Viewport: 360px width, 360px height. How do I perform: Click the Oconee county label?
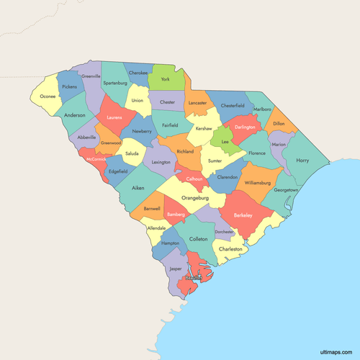click(48, 96)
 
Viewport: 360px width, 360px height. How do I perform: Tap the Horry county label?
click(302, 161)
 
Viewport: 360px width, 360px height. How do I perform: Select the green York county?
click(166, 78)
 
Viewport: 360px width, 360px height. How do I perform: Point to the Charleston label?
click(231, 249)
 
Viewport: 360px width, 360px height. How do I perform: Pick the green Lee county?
click(224, 143)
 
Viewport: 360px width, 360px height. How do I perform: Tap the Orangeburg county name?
click(194, 197)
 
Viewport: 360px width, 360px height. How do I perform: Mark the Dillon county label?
click(279, 124)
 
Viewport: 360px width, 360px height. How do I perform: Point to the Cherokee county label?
click(138, 73)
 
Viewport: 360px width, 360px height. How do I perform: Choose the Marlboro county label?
click(261, 109)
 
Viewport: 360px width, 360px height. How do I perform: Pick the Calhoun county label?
click(194, 178)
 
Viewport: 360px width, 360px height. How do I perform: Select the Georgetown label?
click(286, 189)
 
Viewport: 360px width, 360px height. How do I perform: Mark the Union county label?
click(137, 100)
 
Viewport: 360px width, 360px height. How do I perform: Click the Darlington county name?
click(244, 127)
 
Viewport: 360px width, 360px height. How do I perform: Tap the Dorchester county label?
click(224, 232)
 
